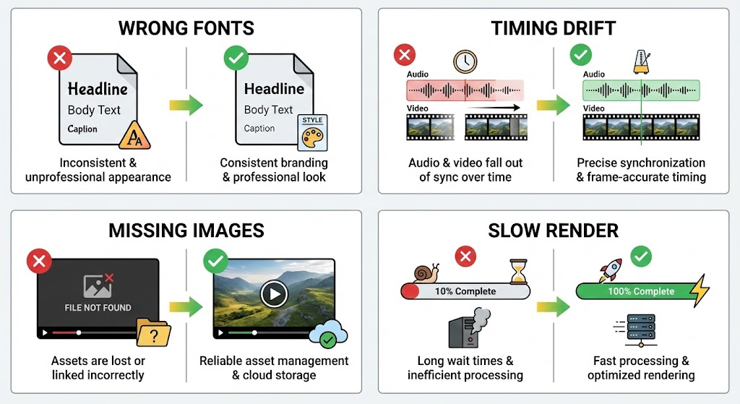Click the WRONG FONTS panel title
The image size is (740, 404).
click(x=186, y=28)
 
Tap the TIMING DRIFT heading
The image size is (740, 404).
click(x=554, y=28)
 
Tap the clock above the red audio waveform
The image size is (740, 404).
click(x=465, y=61)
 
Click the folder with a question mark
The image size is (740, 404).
click(x=153, y=333)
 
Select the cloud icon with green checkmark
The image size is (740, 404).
click(x=328, y=335)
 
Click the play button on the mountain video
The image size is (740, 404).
click(x=274, y=293)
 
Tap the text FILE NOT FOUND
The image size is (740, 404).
click(x=98, y=307)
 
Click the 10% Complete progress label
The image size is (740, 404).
click(x=465, y=291)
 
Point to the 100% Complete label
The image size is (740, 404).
click(x=640, y=291)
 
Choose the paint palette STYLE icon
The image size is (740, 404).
click(x=312, y=132)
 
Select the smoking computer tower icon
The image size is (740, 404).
click(x=468, y=330)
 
